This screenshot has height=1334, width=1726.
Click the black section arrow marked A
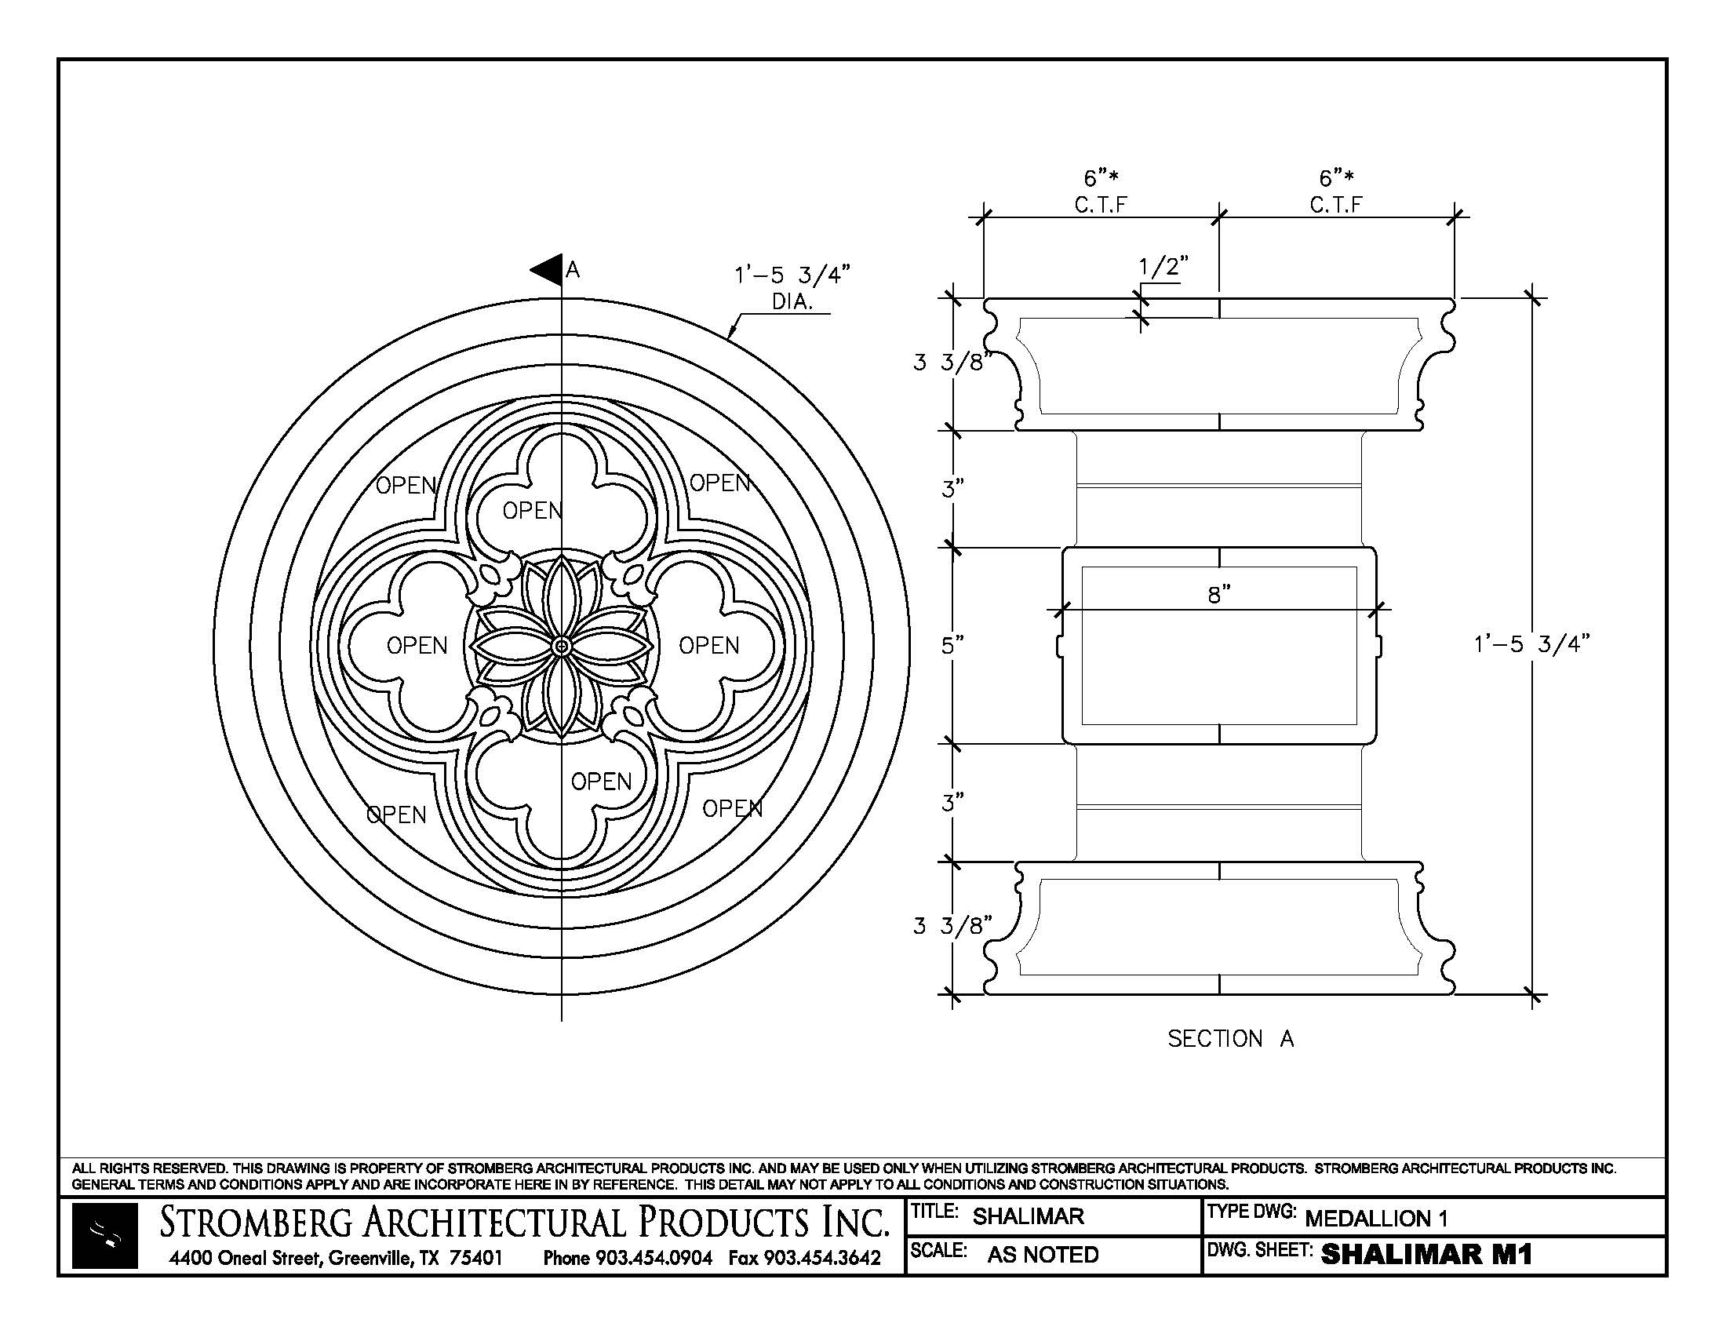click(x=547, y=269)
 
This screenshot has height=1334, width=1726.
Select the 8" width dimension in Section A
click(x=1218, y=595)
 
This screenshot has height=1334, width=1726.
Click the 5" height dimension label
click(x=952, y=646)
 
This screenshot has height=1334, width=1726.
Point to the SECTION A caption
click(x=1229, y=1038)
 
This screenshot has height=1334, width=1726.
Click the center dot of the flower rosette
click(x=561, y=647)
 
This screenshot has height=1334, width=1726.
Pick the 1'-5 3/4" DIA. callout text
click(x=792, y=287)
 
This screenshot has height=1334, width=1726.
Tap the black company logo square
click(x=105, y=1235)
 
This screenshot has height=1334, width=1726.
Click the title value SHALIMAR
click(x=1028, y=1216)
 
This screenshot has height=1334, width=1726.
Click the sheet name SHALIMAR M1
click(x=1426, y=1254)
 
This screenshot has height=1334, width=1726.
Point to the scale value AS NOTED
click(x=1043, y=1254)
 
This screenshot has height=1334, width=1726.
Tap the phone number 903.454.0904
click(x=653, y=1257)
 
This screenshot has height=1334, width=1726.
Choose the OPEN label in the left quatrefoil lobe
click(x=417, y=646)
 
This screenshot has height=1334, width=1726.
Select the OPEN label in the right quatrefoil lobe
click(x=709, y=646)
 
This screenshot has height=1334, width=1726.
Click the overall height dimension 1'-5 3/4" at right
click(x=1531, y=644)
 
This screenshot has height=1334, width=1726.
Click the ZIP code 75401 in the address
click(x=475, y=1257)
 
